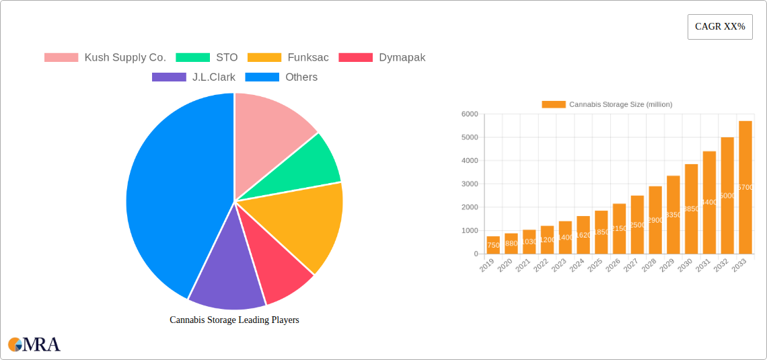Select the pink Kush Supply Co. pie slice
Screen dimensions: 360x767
pos(269,128)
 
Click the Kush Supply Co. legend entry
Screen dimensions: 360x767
pos(105,58)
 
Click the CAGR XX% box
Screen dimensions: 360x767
pos(720,27)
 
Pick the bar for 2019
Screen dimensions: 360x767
pos(493,245)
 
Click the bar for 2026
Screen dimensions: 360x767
pos(619,229)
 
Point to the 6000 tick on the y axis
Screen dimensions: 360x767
pos(469,114)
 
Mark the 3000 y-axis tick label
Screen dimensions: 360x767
pos(469,184)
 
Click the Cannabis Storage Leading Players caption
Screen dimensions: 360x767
pos(234,320)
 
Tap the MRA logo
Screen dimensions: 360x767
pos(34,345)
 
